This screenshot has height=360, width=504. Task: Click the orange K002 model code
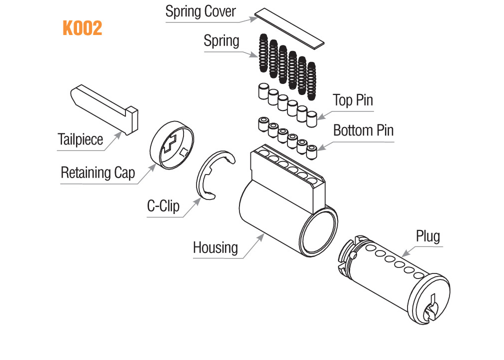coord(82,28)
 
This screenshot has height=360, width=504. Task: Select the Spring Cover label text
coord(200,11)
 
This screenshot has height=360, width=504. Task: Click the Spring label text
coord(221,40)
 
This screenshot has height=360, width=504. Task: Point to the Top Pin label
coord(353,100)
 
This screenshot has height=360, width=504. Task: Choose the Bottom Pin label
coord(363,130)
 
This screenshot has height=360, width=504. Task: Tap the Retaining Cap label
coord(97,173)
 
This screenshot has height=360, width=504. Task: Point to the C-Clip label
coord(163,205)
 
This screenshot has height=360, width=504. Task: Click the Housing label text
coord(215,247)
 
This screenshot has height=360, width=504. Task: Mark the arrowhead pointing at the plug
coord(401,256)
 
